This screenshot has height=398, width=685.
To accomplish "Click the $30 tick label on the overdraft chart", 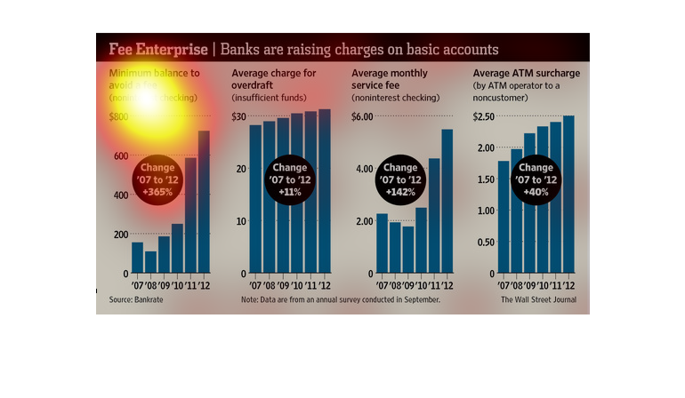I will pyautogui.click(x=239, y=116).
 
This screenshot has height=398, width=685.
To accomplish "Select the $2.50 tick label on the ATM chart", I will pyautogui.click(x=484, y=116).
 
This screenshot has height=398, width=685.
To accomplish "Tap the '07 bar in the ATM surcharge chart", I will pyautogui.click(x=504, y=217).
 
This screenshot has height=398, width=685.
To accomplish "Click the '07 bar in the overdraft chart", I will pyautogui.click(x=255, y=199).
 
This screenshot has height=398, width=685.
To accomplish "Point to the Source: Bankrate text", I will pyautogui.click(x=130, y=299).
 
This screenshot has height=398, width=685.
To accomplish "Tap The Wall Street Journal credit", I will pyautogui.click(x=537, y=299).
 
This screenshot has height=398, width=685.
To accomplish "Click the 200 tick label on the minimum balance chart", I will pyautogui.click(x=118, y=234).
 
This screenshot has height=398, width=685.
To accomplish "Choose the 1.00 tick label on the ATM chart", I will pyautogui.click(x=484, y=211).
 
